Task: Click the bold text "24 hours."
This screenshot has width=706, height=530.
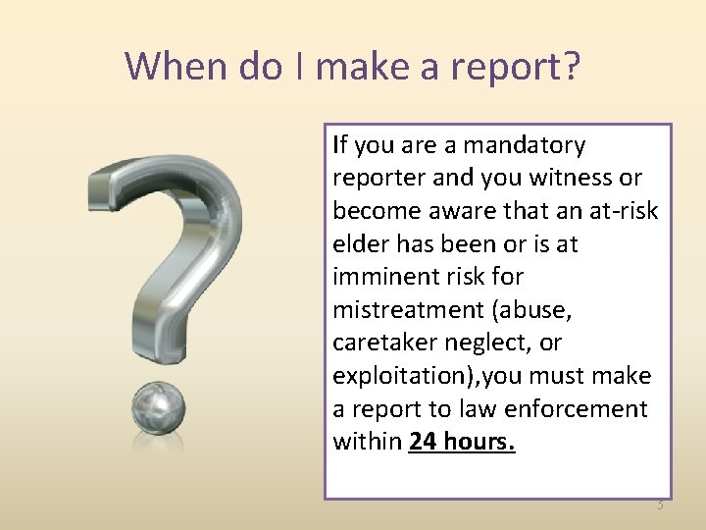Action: point(462,442)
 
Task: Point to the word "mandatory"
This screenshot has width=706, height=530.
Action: point(524,145)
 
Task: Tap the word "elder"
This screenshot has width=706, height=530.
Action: point(359,244)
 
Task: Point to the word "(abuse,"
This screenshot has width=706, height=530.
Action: point(533,310)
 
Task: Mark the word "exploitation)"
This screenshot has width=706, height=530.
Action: point(395,376)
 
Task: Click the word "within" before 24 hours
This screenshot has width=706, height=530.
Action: point(368,442)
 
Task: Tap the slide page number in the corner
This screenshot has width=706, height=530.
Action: point(659,505)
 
